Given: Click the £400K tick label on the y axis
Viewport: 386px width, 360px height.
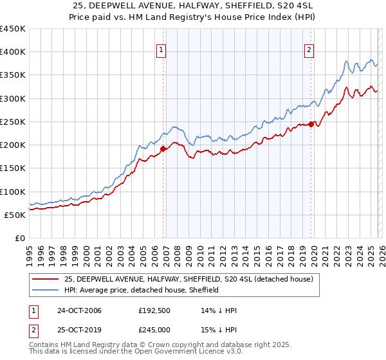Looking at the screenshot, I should (12, 52).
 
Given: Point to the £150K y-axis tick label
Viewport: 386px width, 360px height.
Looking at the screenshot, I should (12, 168).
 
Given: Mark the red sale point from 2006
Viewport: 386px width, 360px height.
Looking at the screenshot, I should (163, 148).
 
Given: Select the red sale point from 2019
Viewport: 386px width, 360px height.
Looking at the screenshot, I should (311, 124).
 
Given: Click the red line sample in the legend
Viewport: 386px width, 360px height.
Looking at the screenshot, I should (45, 279).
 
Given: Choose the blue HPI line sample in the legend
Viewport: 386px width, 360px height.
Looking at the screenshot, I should (45, 290).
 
